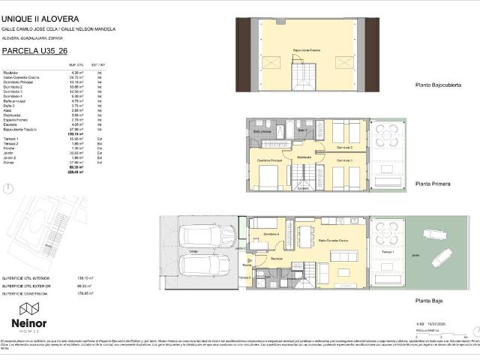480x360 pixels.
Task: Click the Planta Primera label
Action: pos(432,182)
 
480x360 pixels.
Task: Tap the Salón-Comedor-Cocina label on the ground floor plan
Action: pos(332,240)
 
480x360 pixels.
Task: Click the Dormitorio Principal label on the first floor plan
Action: pos(270,160)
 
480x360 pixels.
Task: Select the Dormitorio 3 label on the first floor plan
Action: pos(343,160)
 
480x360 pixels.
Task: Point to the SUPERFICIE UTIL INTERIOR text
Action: pos(25,277)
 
